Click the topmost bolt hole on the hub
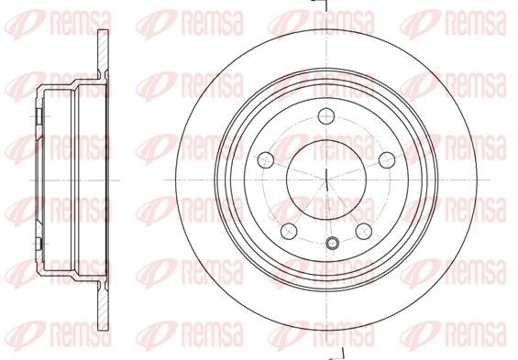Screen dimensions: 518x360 pyautogui.click(x=326, y=115)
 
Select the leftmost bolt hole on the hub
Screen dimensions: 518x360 pyautogui.click(x=266, y=160)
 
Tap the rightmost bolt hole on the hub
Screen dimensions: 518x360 pyautogui.click(x=387, y=160)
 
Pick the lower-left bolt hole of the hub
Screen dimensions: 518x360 pyautogui.click(x=289, y=231)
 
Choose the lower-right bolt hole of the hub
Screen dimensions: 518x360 pyautogui.click(x=364, y=231)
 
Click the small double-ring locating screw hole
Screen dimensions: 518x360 pyautogui.click(x=332, y=243)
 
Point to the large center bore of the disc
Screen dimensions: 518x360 pyautogui.click(x=326, y=180)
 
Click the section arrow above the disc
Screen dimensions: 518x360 pyautogui.click(x=320, y=4)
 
